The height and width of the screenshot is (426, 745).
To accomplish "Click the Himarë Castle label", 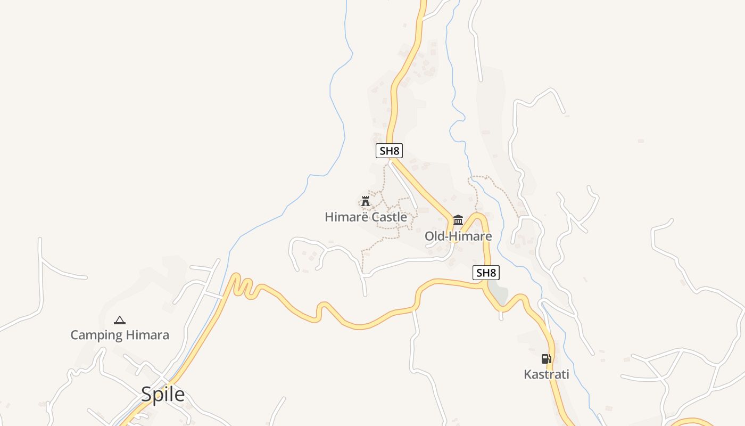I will (x=366, y=217).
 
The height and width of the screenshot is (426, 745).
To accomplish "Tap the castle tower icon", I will (x=366, y=201).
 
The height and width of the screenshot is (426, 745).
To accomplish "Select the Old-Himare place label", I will (x=458, y=236).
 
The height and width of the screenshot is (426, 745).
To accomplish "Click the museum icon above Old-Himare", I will (x=458, y=220).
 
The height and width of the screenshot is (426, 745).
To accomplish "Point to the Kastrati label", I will (x=547, y=374).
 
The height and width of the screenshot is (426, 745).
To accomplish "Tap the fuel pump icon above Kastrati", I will (x=547, y=359).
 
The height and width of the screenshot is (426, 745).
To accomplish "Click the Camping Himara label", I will (x=120, y=335).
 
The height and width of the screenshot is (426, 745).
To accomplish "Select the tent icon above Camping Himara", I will (x=120, y=320).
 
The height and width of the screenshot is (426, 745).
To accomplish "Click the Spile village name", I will (x=163, y=395).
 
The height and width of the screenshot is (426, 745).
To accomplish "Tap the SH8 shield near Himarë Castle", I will (x=389, y=151).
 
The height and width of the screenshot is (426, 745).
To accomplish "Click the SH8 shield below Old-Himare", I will (x=486, y=273).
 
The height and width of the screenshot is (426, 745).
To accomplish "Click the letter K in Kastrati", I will (x=528, y=374).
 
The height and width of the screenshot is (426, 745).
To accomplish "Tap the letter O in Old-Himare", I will (x=429, y=236).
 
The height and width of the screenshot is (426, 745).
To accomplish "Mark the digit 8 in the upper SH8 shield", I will (x=396, y=151).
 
